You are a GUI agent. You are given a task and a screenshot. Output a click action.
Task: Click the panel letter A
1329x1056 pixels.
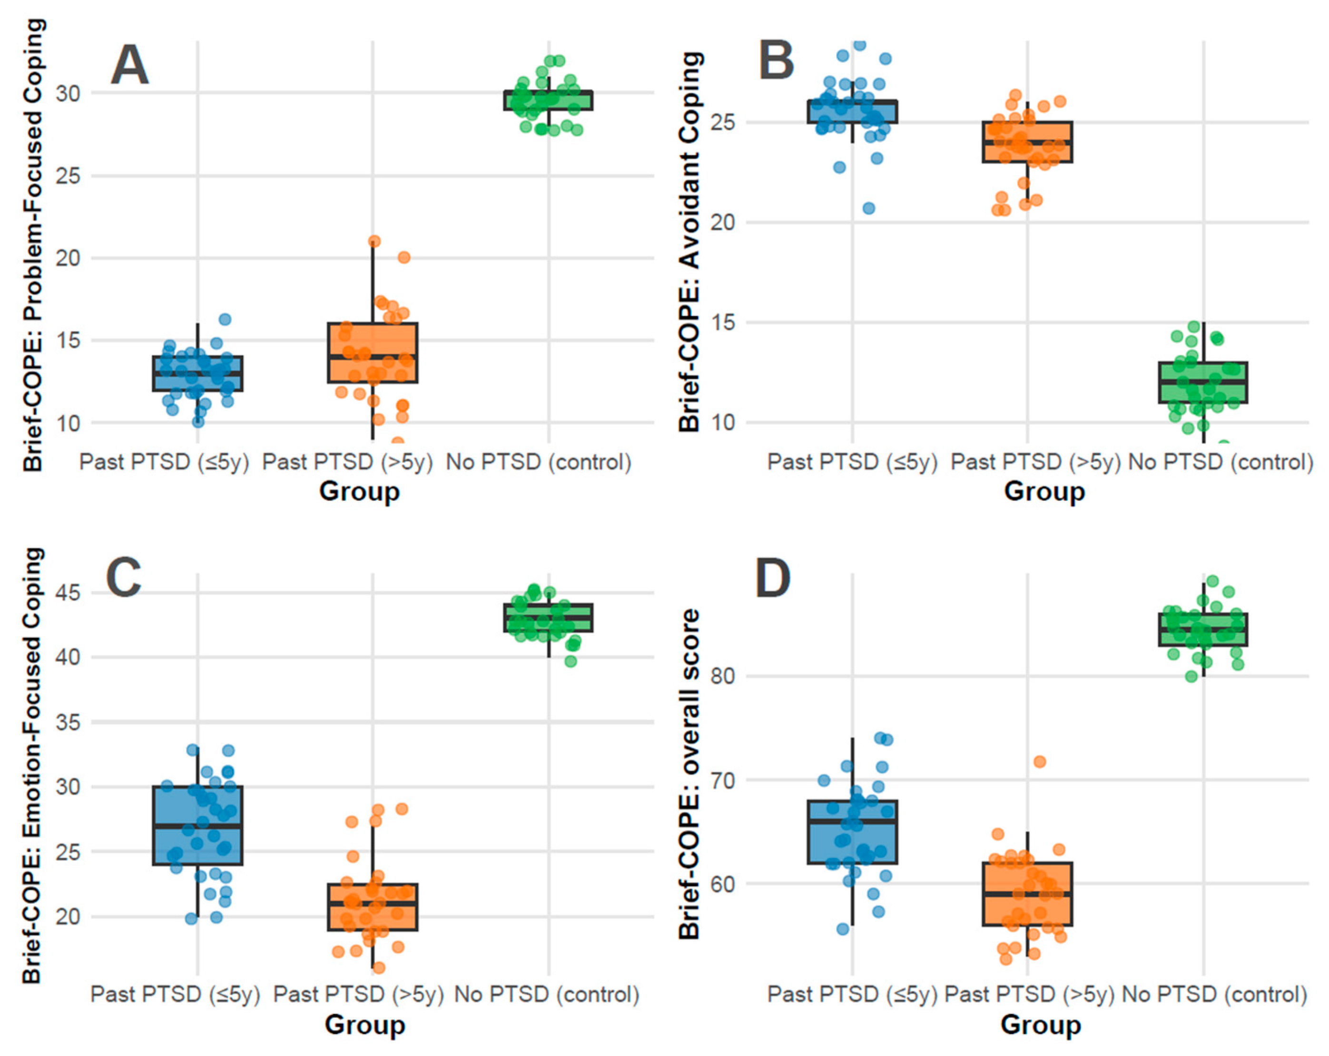pos(129,65)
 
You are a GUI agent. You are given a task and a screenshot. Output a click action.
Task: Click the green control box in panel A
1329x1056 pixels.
pos(548,100)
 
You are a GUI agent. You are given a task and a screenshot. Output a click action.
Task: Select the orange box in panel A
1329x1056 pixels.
pos(372,353)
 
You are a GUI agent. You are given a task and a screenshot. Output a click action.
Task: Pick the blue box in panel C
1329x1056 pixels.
pos(197,825)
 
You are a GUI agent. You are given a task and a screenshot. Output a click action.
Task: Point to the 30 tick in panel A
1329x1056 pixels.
pos(68,94)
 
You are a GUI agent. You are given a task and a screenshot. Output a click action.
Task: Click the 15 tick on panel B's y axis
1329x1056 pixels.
pos(722,323)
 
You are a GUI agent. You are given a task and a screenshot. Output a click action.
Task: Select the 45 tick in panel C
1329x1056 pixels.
pos(68,593)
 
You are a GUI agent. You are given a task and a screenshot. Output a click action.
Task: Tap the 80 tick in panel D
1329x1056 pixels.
pos(722,676)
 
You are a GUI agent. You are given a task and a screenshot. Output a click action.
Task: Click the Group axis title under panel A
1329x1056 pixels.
pos(359,492)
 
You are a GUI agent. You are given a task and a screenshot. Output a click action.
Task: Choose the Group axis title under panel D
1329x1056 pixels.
pos(1041,1025)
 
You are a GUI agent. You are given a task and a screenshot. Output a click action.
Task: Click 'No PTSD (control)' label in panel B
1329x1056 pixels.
pos(1221,462)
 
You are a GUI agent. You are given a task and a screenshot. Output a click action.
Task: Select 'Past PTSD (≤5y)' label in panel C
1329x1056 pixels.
pos(175,994)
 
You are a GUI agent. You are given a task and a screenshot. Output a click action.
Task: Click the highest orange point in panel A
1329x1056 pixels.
pos(374,241)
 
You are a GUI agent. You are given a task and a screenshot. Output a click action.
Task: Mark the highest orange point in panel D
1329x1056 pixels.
pos(1039,762)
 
